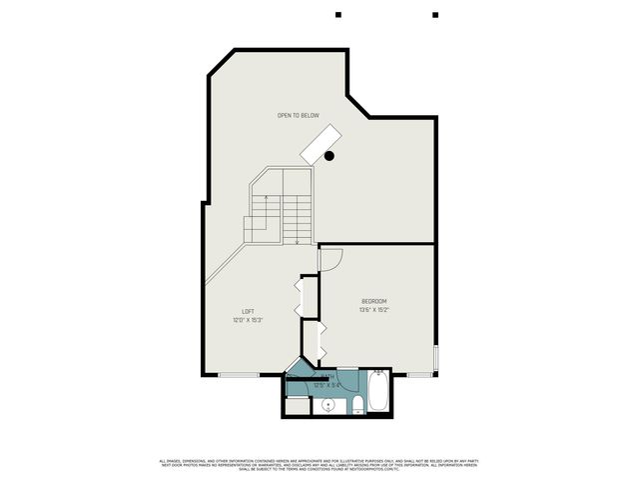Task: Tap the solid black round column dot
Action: (x=329, y=156)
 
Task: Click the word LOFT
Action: (x=248, y=311)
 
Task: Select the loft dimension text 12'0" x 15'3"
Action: (x=248, y=320)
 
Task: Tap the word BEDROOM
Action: (x=373, y=301)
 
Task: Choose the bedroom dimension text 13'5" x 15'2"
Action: (x=373, y=310)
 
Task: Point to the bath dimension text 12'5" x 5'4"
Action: (x=327, y=385)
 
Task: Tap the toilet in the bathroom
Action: (x=356, y=404)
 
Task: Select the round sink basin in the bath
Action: (x=326, y=406)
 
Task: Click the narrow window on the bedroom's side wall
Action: (x=437, y=357)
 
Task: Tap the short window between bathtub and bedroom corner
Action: (x=420, y=375)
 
